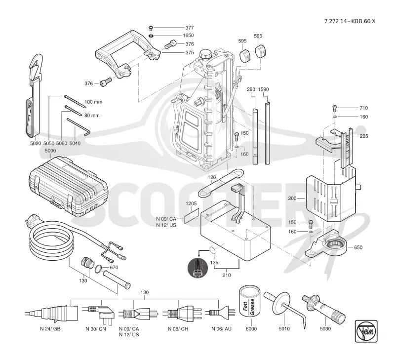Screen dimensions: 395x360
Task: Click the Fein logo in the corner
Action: pyautogui.click(x=366, y=331)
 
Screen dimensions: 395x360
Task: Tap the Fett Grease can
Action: pyautogui.click(x=250, y=302)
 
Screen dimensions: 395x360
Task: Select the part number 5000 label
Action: pyautogui.click(x=50, y=151)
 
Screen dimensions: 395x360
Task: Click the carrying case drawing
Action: pyautogui.click(x=68, y=187)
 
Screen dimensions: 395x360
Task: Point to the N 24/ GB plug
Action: pyautogui.click(x=52, y=314)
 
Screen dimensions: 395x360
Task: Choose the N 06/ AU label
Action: pyautogui.click(x=221, y=329)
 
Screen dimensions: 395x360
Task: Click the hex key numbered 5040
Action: pyautogui.click(x=79, y=127)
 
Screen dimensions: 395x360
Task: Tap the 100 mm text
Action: pyautogui.click(x=93, y=102)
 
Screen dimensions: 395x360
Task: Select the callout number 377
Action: pyautogui.click(x=190, y=28)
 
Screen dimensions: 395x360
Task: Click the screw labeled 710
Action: pyautogui.click(x=335, y=108)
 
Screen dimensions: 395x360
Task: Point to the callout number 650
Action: pyautogui.click(x=358, y=247)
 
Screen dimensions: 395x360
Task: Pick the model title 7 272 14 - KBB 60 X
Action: pyautogui.click(x=350, y=21)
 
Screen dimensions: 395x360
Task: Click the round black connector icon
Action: pyautogui.click(x=198, y=268)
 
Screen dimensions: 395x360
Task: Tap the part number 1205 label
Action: pyautogui.click(x=191, y=203)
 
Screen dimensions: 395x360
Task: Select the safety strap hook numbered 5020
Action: pyautogui.click(x=35, y=96)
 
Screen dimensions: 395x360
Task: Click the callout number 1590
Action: pyautogui.click(x=263, y=89)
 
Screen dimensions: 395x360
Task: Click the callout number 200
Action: pyautogui.click(x=292, y=198)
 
